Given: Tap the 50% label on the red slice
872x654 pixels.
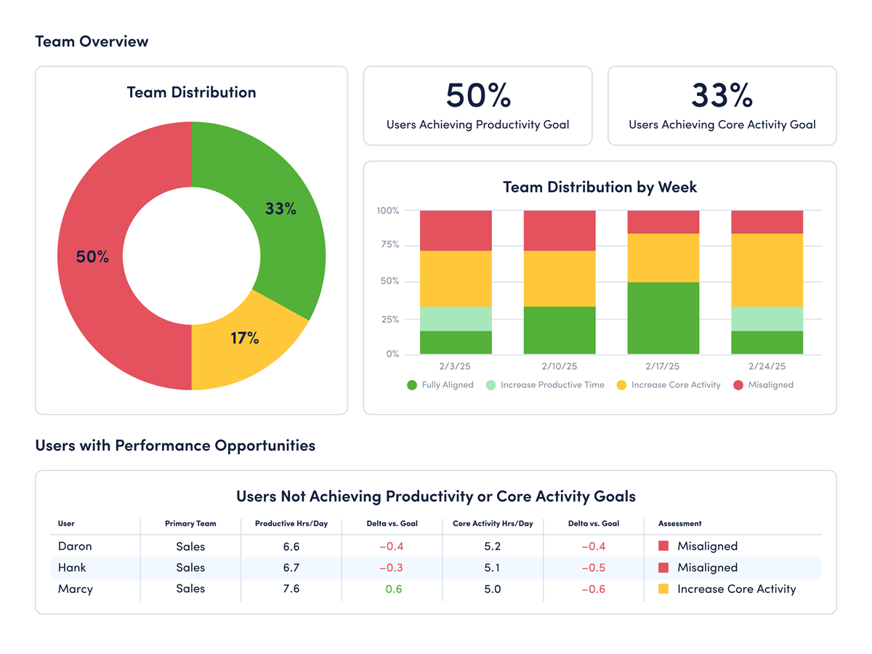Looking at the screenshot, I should tap(92, 257).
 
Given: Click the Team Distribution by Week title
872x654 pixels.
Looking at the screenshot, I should tap(599, 187).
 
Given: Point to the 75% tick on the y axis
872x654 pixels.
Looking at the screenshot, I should tap(388, 245).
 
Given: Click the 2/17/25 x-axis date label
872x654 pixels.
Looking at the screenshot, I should tap(662, 366).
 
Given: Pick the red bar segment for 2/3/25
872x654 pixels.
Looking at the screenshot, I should tap(456, 230).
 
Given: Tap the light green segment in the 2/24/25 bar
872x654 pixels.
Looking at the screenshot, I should tap(767, 318).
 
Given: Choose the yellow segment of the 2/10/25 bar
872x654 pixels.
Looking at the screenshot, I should tap(560, 278).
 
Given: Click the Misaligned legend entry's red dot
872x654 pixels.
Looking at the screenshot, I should tap(738, 385).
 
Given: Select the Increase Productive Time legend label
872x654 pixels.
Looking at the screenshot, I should tap(552, 385).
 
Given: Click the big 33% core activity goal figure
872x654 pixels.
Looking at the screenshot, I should tap(722, 95).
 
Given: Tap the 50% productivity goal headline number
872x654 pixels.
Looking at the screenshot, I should tap(477, 95).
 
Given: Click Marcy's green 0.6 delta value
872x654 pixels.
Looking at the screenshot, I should tap(394, 589).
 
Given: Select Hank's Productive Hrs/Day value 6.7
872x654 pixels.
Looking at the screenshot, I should tap(291, 568).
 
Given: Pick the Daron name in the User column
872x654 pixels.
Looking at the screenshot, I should tap(75, 546).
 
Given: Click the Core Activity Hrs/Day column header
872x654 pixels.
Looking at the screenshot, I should tap(493, 523).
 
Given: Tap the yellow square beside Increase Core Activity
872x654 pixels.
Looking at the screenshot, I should tap(663, 589).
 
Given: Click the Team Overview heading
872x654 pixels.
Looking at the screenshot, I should tap(92, 41).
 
